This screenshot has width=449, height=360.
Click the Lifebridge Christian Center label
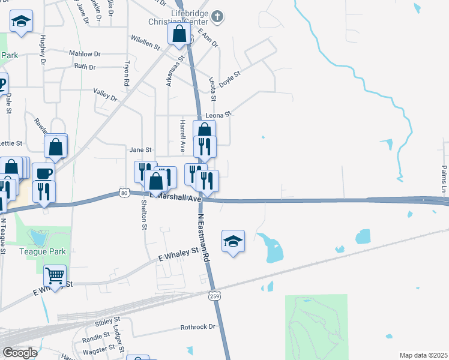[x=178, y=17]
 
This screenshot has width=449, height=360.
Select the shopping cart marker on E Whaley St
[x=55, y=277]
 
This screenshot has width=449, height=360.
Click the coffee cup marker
[x=43, y=173]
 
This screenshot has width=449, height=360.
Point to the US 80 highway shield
[x=124, y=193]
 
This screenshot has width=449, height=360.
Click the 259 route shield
[x=215, y=295]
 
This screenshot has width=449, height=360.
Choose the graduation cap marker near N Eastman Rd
[x=233, y=241]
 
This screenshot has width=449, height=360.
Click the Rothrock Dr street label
[x=198, y=327]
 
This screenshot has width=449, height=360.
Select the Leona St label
[x=218, y=114]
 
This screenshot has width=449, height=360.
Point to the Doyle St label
[x=229, y=79]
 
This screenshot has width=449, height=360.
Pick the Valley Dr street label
[x=104, y=94]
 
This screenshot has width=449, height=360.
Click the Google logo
[x=20, y=353]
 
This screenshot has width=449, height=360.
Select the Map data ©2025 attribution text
[x=423, y=355]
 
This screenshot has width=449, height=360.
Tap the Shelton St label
[x=144, y=214]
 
